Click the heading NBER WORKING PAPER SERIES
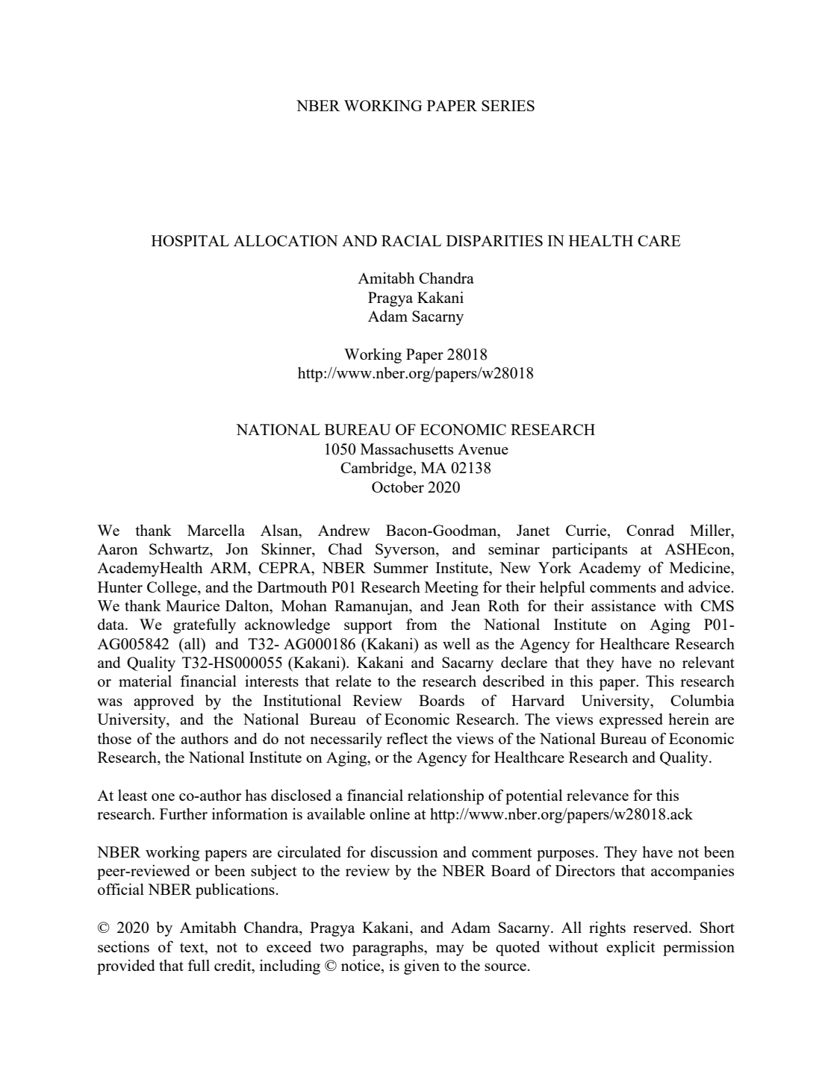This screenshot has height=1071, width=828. [415, 106]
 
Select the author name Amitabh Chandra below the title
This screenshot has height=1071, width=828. [415, 279]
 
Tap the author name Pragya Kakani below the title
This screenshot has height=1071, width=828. [415, 298]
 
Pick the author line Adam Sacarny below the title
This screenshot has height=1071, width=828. [415, 316]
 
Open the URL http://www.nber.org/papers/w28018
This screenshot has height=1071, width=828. [415, 373]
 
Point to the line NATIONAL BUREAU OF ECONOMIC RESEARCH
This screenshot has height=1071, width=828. [415, 430]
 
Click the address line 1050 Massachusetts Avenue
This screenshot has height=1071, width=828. [415, 449]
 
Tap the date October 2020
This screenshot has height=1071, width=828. [415, 487]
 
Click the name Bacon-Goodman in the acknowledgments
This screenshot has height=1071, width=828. [441, 531]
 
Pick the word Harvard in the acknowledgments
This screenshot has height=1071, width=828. [538, 701]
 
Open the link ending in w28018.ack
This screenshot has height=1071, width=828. [561, 814]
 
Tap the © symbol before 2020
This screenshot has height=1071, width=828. [104, 928]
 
